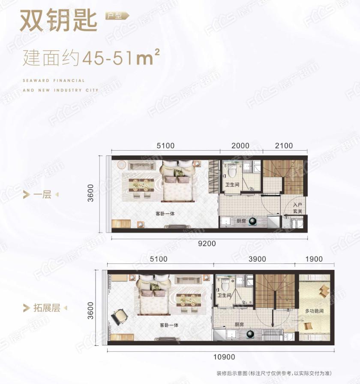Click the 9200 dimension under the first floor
(x=207, y=243)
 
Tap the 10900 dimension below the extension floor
(x=224, y=357)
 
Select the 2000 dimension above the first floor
(x=240, y=146)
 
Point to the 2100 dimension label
(x=284, y=146)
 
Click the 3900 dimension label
(x=257, y=259)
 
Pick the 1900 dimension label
(x=314, y=259)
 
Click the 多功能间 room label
(x=314, y=311)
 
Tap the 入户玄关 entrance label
(x=297, y=208)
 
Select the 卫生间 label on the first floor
(x=232, y=184)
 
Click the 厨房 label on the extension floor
(x=239, y=324)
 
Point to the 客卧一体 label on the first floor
(x=165, y=214)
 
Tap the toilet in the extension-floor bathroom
(x=225, y=284)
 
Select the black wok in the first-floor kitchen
(x=253, y=221)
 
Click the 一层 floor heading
(x=42, y=195)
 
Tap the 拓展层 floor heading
(x=47, y=308)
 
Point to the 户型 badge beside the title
(x=117, y=16)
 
